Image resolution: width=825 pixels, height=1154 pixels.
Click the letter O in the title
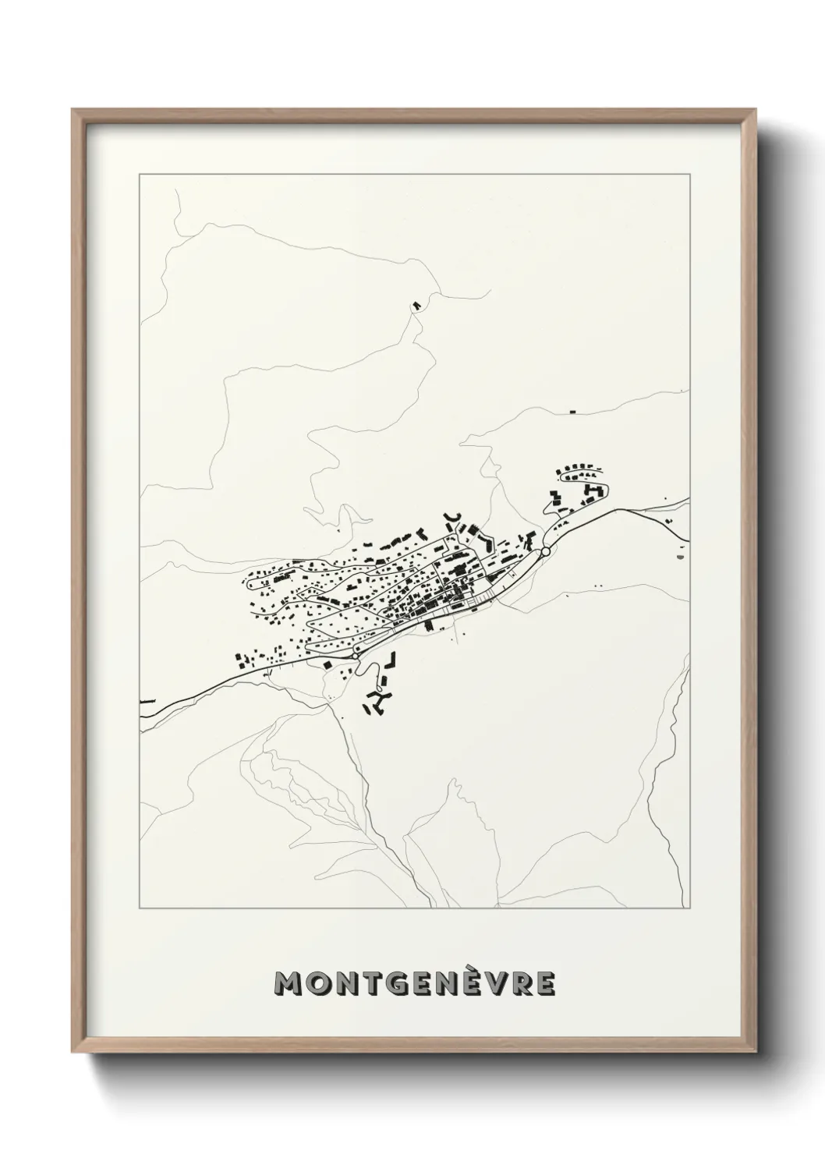point(317,985)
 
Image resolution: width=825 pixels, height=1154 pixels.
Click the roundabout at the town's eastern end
point(545,551)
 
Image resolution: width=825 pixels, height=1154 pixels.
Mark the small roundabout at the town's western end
point(356,657)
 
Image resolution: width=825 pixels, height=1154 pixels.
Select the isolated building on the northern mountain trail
point(416,305)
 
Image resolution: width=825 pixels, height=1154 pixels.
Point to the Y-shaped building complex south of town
point(378,701)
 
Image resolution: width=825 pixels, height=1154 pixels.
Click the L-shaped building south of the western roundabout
point(392,660)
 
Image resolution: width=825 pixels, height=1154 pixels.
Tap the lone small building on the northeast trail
point(572,410)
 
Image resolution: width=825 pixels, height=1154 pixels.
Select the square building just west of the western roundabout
point(328,664)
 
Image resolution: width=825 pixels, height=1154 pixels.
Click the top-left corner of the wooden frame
point(73,110)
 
